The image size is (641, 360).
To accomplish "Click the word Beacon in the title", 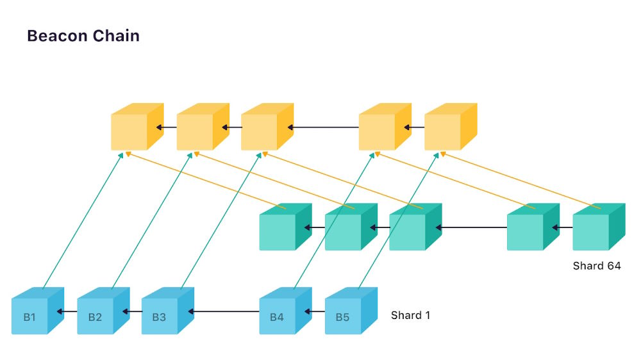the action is (57, 36).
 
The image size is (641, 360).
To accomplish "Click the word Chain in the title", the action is (116, 36).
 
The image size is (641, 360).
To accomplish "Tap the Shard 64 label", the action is (596, 266).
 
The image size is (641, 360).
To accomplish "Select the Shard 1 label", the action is (410, 315).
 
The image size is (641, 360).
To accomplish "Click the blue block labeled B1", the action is (38, 311).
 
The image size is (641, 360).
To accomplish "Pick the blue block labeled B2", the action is (103, 311).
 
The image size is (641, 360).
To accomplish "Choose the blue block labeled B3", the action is (168, 311).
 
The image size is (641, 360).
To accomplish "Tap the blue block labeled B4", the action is (286, 311).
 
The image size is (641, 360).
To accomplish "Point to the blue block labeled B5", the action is (351, 311).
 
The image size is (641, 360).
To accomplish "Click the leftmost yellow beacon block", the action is (137, 127).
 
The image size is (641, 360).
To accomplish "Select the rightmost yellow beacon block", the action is (451, 127).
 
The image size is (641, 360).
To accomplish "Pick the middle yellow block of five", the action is (267, 127).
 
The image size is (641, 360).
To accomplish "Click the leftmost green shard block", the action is (286, 227).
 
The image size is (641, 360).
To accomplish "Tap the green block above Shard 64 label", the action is (599, 227).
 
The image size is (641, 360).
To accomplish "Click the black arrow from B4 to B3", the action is (224, 312).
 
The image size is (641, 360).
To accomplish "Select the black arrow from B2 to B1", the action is (67, 312).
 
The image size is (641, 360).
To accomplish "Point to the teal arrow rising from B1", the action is (83, 220).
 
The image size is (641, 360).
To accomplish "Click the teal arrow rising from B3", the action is (221, 220).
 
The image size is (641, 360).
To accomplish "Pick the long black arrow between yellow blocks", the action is (323, 127).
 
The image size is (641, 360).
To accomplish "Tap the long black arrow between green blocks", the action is (471, 227).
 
